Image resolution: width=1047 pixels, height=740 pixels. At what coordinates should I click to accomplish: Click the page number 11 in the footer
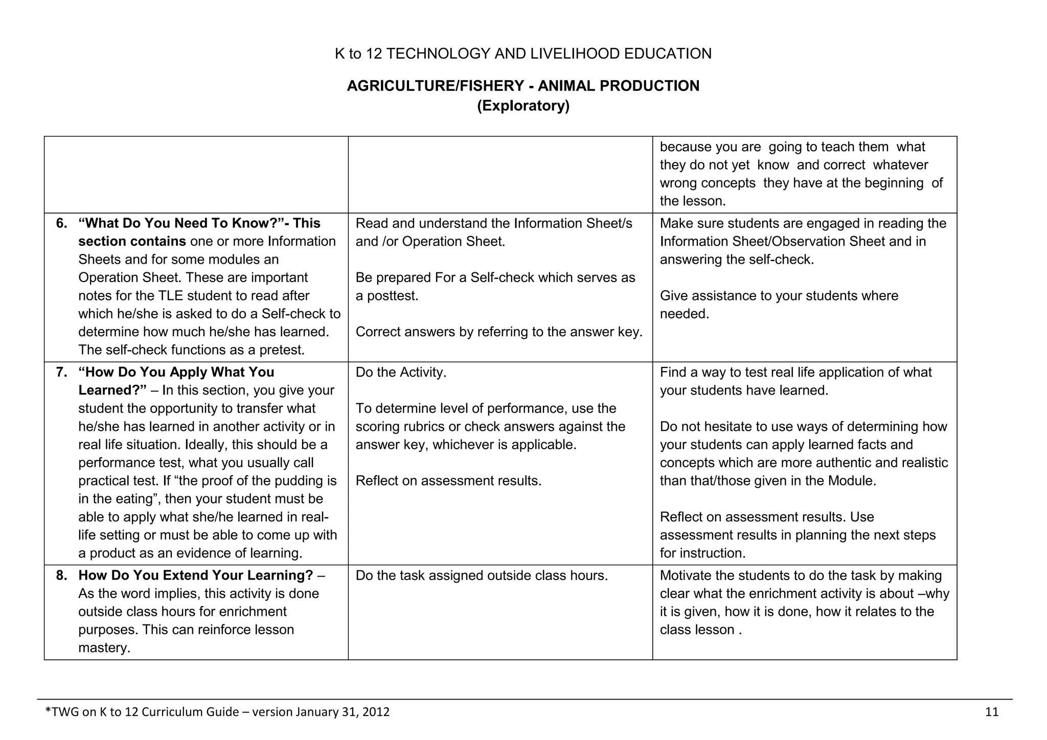(x=991, y=712)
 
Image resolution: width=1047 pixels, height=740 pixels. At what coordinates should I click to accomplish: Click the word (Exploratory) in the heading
(x=523, y=106)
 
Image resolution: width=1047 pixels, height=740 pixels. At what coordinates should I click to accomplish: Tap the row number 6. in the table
(x=61, y=223)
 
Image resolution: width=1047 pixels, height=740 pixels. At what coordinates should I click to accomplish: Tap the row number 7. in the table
(x=61, y=372)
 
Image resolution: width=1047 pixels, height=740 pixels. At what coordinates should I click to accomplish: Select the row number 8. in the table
(x=61, y=575)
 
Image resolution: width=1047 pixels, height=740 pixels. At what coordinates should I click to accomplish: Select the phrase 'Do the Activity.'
(x=401, y=372)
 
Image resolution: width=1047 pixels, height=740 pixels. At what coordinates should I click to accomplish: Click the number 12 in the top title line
(x=374, y=54)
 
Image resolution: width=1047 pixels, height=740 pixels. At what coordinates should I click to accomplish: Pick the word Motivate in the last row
(x=685, y=575)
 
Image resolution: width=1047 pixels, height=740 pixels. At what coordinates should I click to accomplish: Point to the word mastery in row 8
(x=104, y=648)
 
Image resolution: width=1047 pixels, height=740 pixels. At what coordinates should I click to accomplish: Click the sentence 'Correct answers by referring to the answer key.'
(x=499, y=332)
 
